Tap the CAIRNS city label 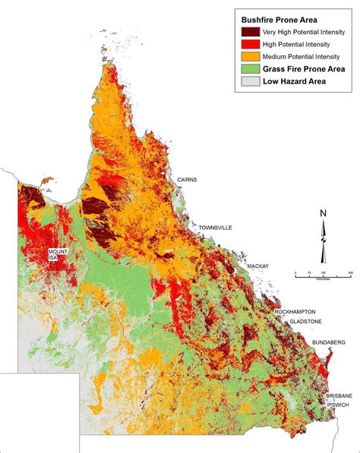(187, 179)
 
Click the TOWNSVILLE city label (216, 227)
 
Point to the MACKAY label (258, 266)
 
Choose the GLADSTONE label (302, 322)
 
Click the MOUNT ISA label (58, 254)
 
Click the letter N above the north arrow (323, 213)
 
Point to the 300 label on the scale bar (350, 272)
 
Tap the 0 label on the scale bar (295, 272)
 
